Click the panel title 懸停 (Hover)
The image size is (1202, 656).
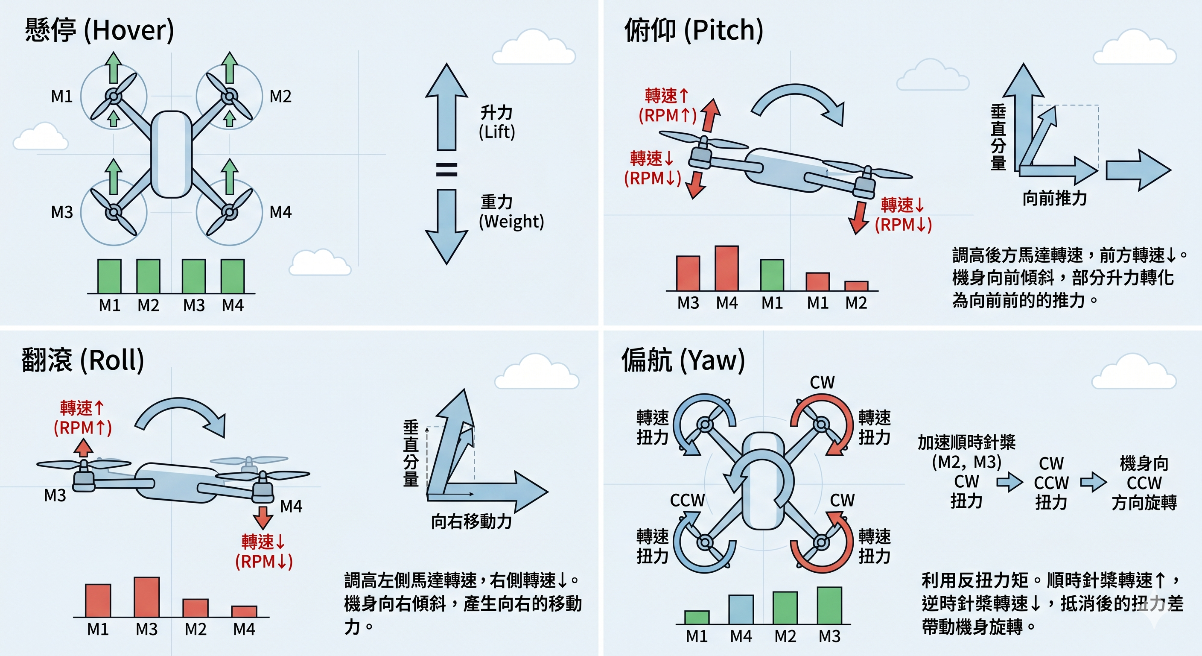point(99,30)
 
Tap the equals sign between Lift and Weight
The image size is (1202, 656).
point(446,170)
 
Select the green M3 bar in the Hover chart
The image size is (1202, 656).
point(194,276)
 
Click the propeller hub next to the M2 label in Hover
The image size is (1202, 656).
point(229,97)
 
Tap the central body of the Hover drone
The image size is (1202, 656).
point(171,154)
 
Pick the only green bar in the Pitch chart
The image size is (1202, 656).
point(772,275)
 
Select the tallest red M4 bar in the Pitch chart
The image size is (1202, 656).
point(726,269)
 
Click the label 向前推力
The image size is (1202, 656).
point(1055,199)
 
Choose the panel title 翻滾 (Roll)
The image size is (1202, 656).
point(82,360)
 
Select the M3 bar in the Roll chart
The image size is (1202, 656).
point(146,597)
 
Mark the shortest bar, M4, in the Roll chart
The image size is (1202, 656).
point(244,611)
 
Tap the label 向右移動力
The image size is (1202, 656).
point(471,521)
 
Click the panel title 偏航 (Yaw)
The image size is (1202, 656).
point(683,360)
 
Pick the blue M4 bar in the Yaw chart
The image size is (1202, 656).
point(741,609)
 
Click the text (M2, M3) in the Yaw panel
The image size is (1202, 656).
point(966,462)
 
